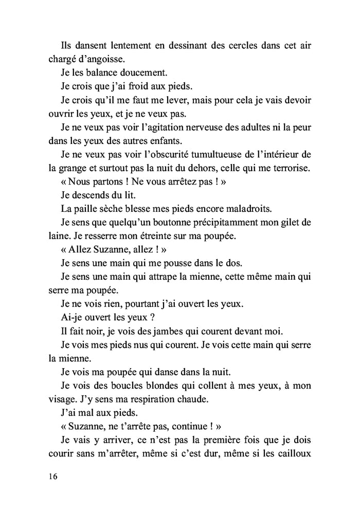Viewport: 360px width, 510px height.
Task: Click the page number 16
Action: (50, 477)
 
